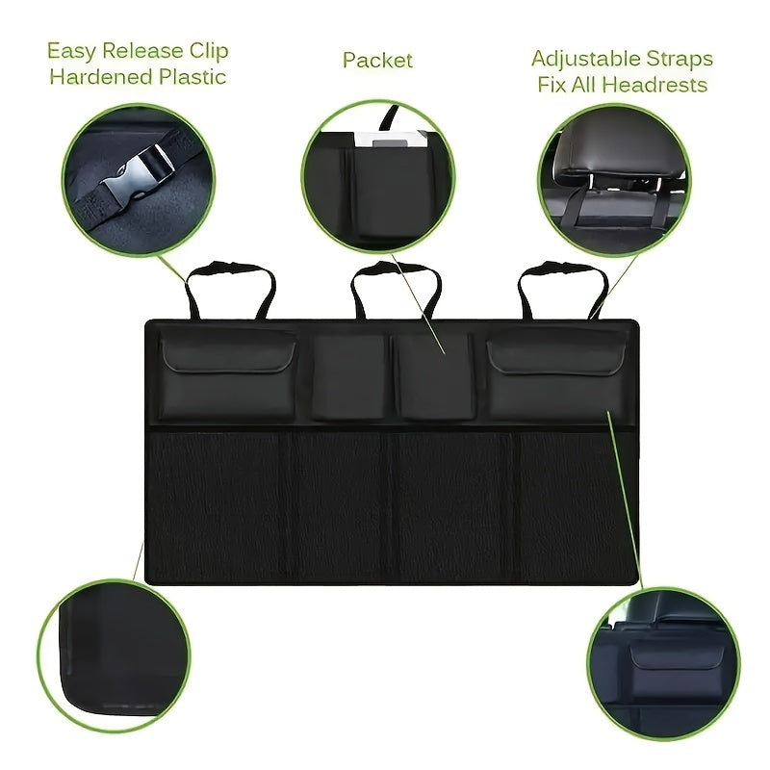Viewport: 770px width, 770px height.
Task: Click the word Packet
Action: [377, 60]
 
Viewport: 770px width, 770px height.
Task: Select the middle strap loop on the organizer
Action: [396, 288]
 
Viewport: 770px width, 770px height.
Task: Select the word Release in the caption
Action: [140, 51]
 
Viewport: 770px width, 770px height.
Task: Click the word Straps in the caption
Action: [680, 59]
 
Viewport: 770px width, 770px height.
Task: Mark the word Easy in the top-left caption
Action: [71, 51]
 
